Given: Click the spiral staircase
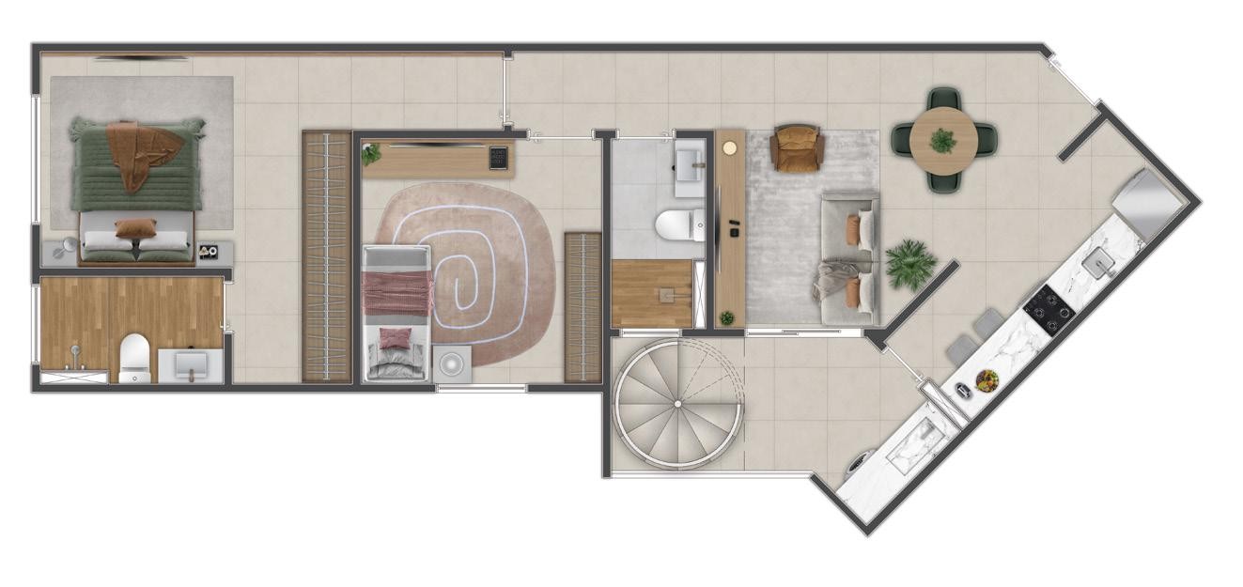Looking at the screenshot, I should (x=678, y=405).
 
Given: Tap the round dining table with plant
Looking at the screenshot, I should (x=943, y=141).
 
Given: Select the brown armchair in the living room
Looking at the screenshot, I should (x=797, y=148).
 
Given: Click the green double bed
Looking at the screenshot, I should (x=137, y=188).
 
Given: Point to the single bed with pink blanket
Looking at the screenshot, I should (x=397, y=313).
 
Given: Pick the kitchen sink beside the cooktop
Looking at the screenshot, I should (x=1097, y=264).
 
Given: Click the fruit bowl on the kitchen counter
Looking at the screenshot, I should (x=987, y=380).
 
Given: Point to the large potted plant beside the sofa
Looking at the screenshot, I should (x=909, y=263).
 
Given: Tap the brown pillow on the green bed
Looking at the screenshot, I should (x=136, y=228).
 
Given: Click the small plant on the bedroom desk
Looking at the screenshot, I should (x=372, y=153).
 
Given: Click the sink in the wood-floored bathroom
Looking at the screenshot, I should (x=192, y=365).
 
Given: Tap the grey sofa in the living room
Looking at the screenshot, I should (x=849, y=258).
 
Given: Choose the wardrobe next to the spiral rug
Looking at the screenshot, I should (x=583, y=307).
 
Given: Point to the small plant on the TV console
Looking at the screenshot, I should (x=726, y=318).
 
